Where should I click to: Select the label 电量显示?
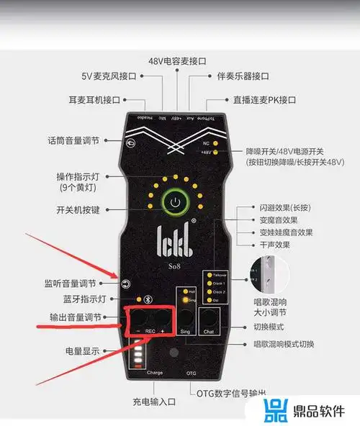(86, 350)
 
